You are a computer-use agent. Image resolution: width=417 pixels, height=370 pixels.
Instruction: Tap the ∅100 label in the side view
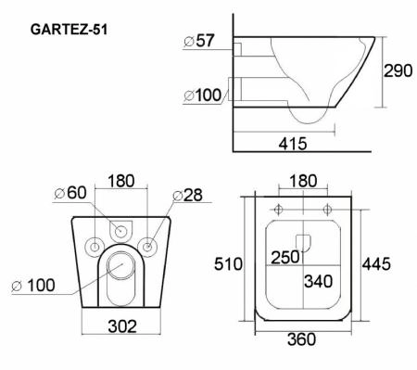[x=203, y=95]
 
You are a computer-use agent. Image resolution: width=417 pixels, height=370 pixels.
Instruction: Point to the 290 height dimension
[x=398, y=72]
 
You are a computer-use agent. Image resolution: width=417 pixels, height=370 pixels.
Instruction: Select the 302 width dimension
[x=120, y=325]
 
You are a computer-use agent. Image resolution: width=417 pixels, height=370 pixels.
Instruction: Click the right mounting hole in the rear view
[x=146, y=246]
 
